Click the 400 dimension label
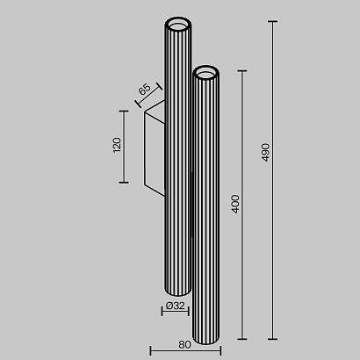coord(234,205)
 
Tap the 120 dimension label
coord(115,146)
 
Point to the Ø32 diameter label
coord(175,306)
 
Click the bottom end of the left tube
coord(176,292)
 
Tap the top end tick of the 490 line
coord(271,20)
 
